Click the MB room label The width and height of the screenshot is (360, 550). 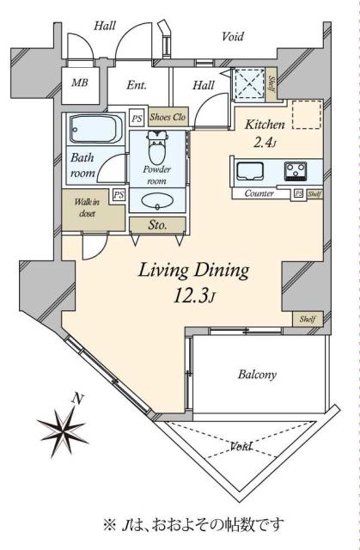(80, 83)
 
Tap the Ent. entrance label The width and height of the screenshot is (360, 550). (137, 85)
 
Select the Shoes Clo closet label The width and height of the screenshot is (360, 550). (168, 117)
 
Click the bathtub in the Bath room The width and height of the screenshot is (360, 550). (95, 129)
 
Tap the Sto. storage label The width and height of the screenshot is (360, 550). (157, 224)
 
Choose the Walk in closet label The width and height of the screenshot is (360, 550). (87, 207)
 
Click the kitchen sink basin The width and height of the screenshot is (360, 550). (249, 171)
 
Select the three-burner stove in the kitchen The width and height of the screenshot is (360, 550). (296, 171)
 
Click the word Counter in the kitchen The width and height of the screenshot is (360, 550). (259, 193)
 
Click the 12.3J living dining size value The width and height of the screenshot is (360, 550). (193, 296)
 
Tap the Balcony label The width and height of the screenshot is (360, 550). (257, 375)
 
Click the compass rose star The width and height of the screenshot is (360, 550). (63, 429)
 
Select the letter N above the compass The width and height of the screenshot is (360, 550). (78, 399)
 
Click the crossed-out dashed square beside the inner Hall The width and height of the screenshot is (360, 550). (249, 84)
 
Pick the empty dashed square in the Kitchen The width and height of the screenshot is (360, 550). (307, 114)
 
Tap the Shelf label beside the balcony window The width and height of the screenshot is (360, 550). (308, 319)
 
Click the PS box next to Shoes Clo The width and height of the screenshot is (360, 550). (137, 119)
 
